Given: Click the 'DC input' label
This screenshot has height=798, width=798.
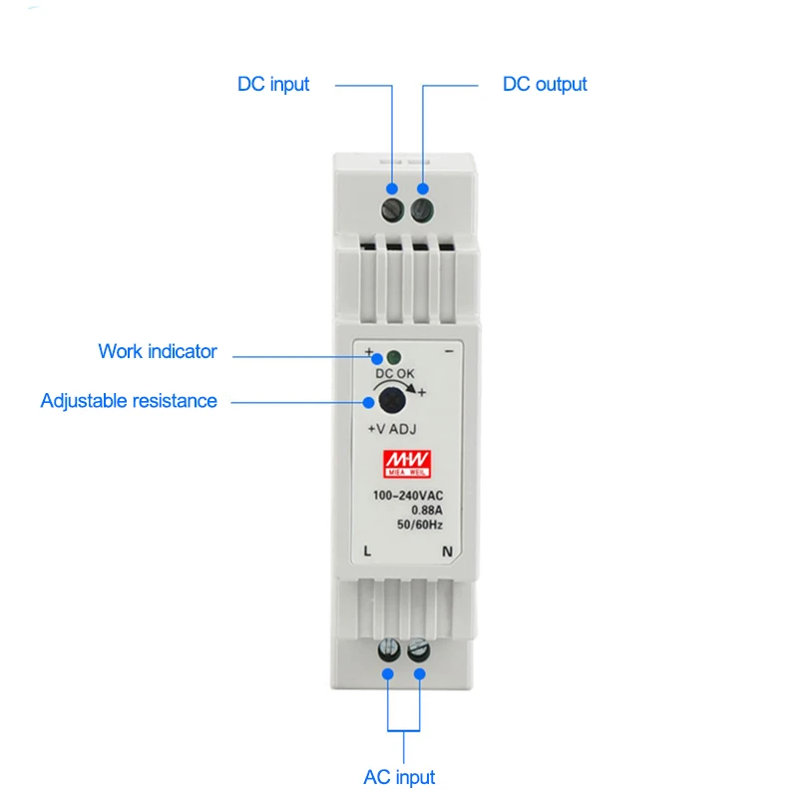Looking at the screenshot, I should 273,85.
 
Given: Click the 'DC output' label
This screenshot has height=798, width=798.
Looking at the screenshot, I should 545,85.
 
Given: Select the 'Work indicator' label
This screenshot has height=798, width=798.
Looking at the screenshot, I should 157,351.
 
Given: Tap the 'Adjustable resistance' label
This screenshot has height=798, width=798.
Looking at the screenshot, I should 129,401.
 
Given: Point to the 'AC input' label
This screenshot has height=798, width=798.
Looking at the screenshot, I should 399,777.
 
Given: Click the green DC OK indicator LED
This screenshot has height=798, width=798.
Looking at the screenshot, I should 393,357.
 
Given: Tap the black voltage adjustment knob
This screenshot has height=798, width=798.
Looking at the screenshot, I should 390,401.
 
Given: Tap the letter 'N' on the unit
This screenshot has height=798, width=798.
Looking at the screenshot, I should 448,551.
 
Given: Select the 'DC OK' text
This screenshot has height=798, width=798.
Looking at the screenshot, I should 394,375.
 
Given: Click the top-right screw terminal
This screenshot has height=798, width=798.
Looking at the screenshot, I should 422,207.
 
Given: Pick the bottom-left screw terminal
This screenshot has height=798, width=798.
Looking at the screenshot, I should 387,652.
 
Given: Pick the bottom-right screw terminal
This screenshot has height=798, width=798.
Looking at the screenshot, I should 420,652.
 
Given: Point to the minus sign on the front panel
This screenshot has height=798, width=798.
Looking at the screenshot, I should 449,352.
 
